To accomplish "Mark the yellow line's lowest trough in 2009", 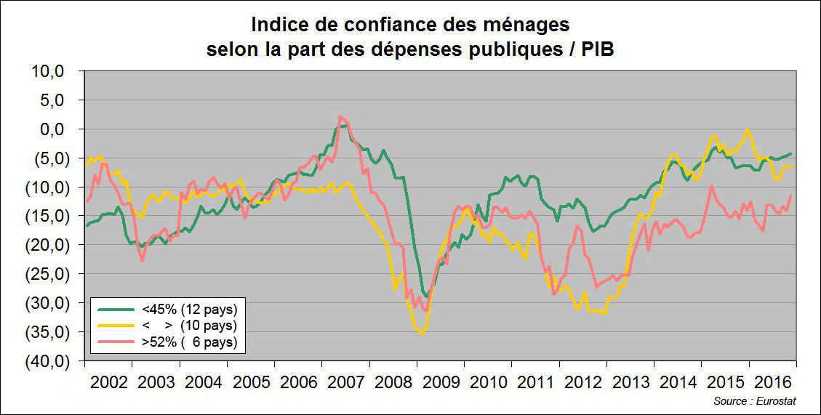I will pos(421,333).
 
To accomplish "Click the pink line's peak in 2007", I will pos(340,117).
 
